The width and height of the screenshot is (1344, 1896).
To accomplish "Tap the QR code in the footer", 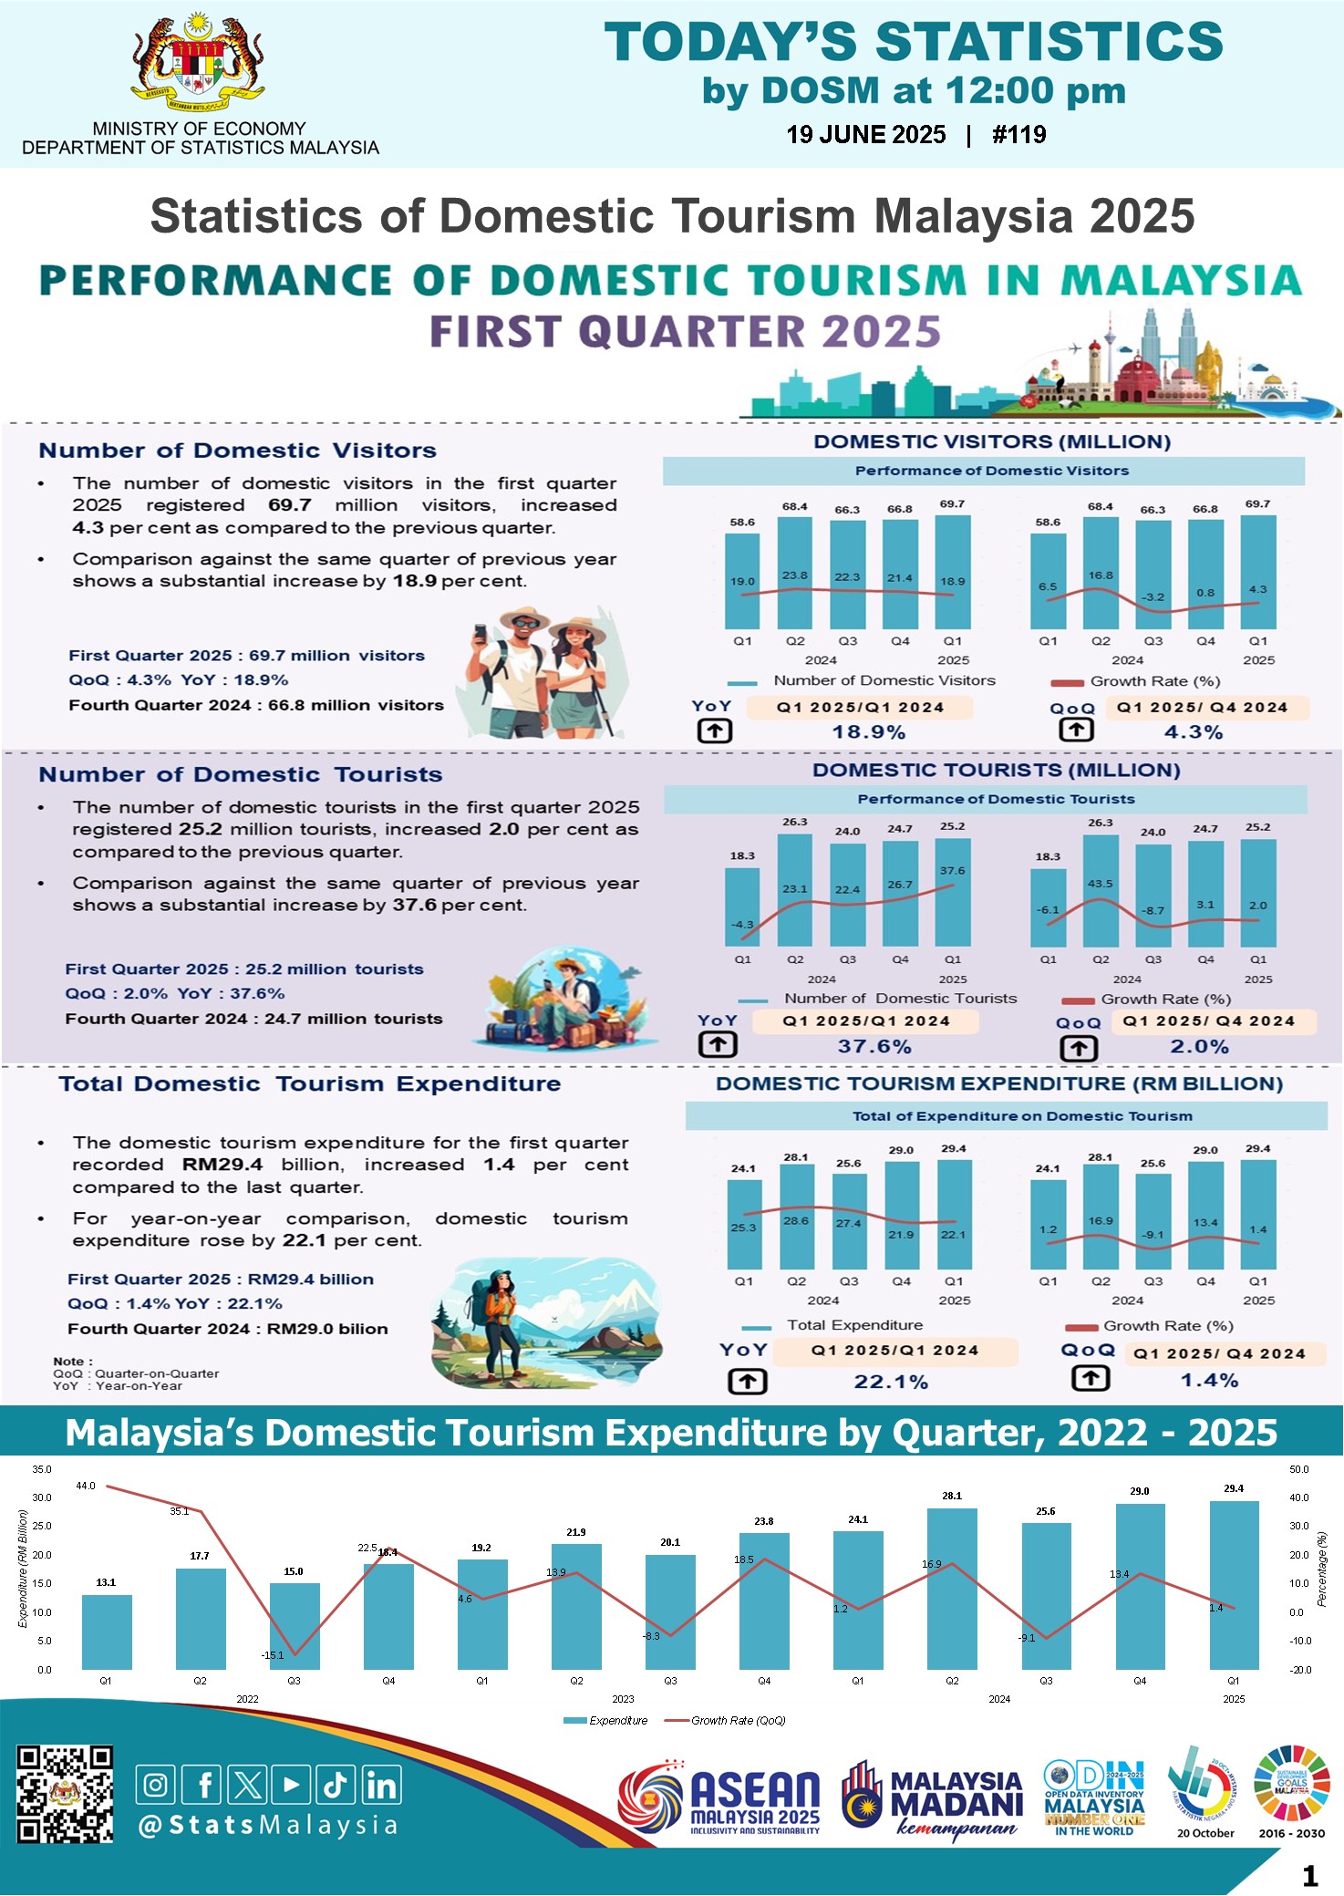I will coord(65,1794).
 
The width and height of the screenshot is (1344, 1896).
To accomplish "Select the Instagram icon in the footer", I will coord(156,1785).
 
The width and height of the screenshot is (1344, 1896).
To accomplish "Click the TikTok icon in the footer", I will coord(335,1785).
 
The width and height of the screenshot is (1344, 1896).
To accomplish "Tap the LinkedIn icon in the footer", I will coord(381,1785).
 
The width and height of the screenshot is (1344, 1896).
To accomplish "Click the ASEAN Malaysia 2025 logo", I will coord(720,1798).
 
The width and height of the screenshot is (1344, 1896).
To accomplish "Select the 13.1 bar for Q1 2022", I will coord(107,1632).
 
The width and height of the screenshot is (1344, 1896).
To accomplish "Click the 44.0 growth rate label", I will coord(86,1486).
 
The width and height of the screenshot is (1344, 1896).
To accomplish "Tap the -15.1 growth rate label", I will coord(273,1654).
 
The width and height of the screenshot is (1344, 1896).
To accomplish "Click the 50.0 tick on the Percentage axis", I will coord(1299,1469).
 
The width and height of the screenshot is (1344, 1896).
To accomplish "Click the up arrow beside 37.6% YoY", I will coord(718,1045).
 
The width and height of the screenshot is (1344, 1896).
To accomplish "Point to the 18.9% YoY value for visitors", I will coord(869,732).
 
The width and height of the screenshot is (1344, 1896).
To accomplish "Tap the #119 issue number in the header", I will coord(1018,135).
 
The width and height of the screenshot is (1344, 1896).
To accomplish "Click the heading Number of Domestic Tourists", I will coord(241,774).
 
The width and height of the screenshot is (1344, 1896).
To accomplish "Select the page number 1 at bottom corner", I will coord(1310,1876).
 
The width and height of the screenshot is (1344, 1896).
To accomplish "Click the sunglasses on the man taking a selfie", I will coord(525,624).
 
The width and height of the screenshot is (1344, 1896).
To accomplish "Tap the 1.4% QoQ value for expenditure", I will coord(1209,1381).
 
